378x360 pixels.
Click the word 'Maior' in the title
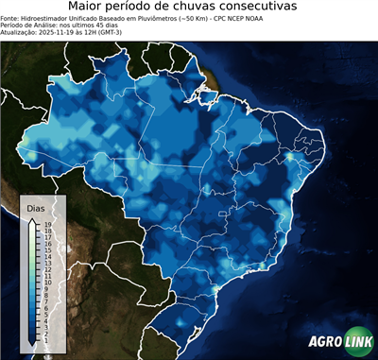click(86, 7)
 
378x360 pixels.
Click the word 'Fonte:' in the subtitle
click(11, 17)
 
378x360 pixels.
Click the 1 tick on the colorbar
click(46, 333)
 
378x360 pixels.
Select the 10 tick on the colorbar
click(46, 279)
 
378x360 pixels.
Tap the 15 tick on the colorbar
click(46, 249)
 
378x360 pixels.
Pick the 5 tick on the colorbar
click(46, 309)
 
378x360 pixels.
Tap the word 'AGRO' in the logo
click(323, 342)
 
